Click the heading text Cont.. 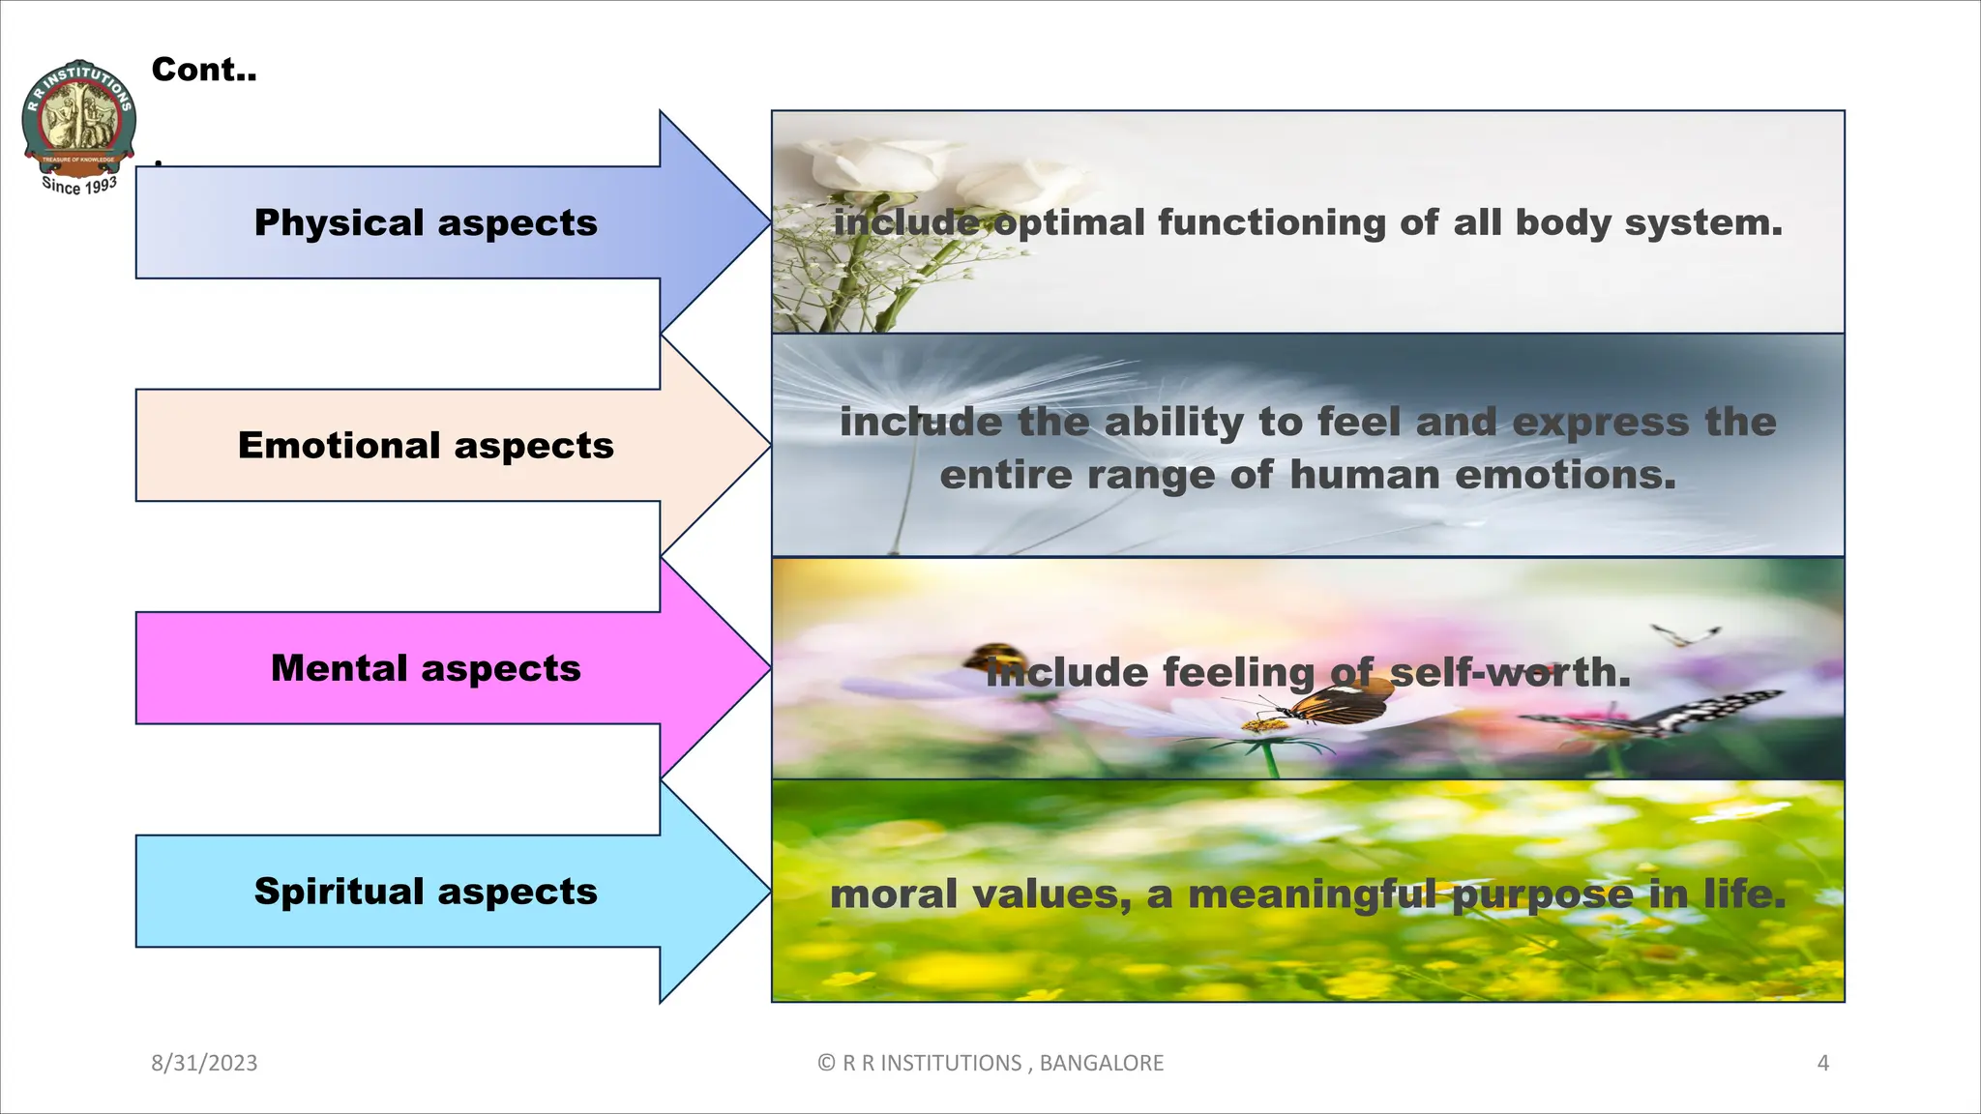coord(204,70)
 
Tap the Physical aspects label coord(426,222)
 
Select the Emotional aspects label coord(426,445)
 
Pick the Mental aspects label coord(426,668)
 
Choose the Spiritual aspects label coord(426,891)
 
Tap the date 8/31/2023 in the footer coord(204,1063)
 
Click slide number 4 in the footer coord(1822,1063)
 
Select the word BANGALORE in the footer coord(1101,1063)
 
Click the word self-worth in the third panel coord(1510,672)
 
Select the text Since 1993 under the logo coord(79,185)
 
